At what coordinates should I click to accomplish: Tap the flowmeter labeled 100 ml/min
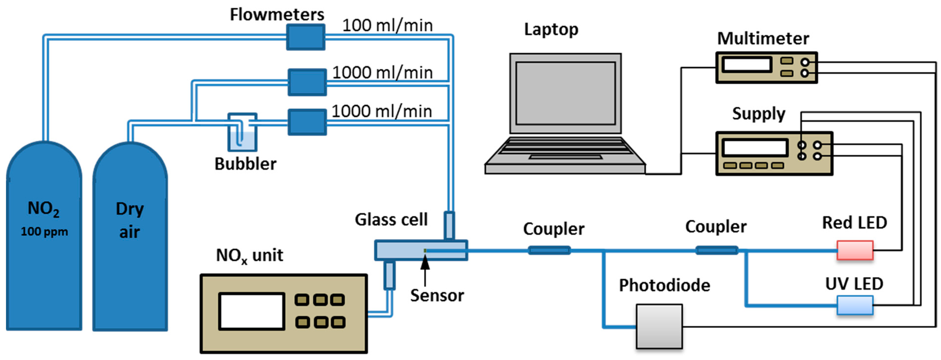[x=305, y=37]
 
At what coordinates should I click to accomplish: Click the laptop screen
[x=566, y=93]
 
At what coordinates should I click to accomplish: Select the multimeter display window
[x=747, y=65]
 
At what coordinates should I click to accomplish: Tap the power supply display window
[x=755, y=148]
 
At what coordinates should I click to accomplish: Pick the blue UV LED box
[x=855, y=305]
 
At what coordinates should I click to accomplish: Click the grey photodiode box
[x=659, y=326]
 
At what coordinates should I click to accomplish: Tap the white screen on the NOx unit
[x=251, y=311]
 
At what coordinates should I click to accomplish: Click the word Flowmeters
[x=276, y=15]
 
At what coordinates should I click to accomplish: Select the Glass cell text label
[x=391, y=220]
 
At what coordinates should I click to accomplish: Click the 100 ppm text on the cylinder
[x=44, y=232]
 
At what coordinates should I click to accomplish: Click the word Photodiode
[x=664, y=285]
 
